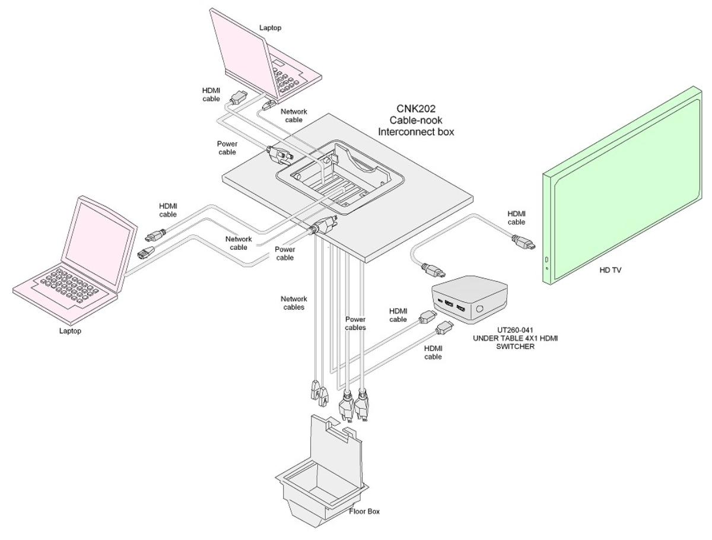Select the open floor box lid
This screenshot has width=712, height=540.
(x=335, y=439)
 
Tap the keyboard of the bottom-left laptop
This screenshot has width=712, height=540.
(x=65, y=285)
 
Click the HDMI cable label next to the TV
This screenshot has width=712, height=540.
(x=516, y=218)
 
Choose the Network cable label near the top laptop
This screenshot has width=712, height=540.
(x=293, y=115)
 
